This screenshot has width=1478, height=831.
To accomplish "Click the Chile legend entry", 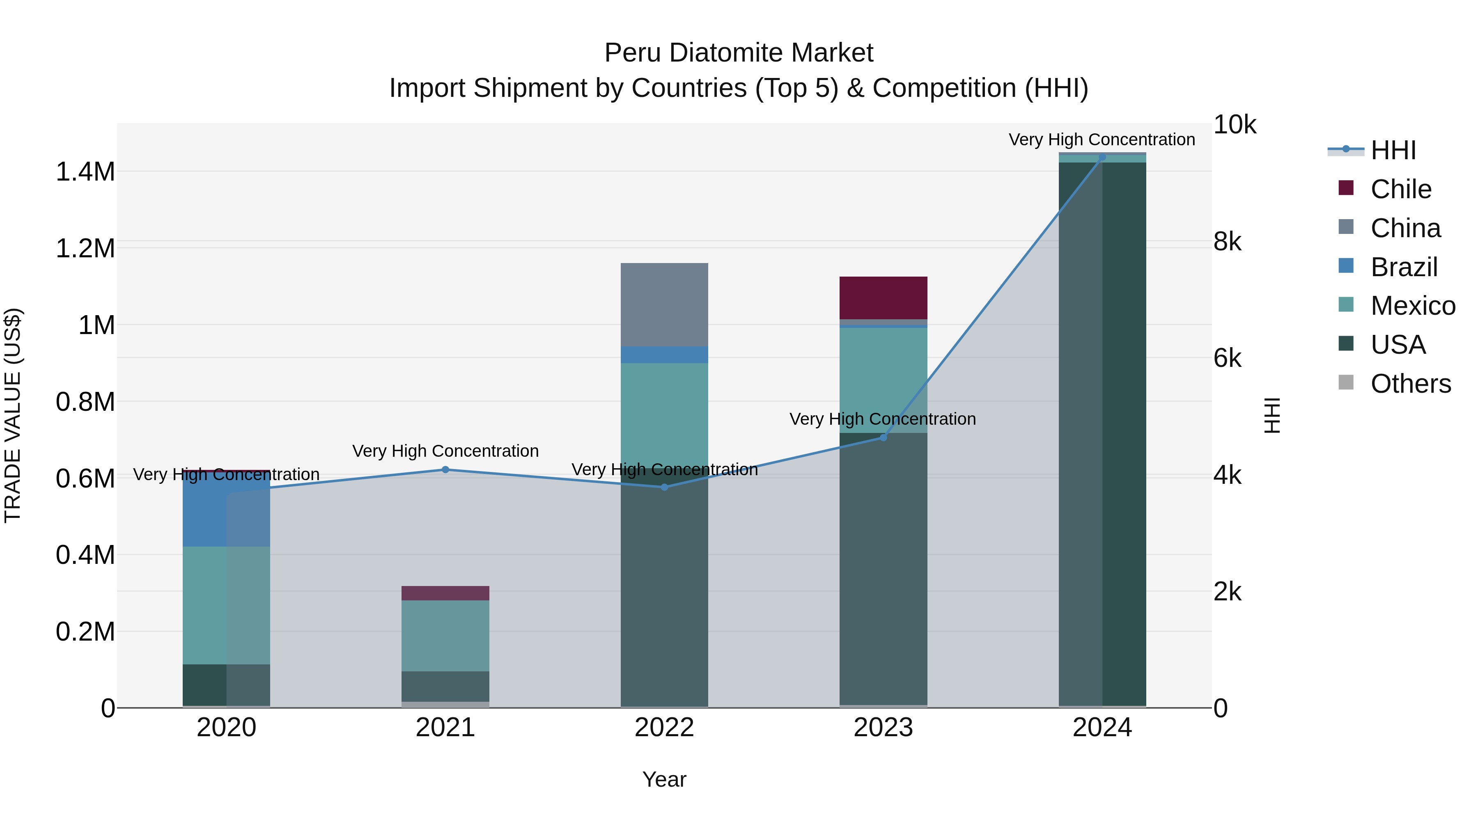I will click(1400, 189).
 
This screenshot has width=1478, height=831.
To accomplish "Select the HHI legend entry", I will click(1393, 150).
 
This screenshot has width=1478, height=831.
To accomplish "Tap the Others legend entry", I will click(1410, 384).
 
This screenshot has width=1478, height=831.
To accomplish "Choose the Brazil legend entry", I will click(1403, 267).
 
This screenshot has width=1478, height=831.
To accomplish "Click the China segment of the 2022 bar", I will click(664, 304).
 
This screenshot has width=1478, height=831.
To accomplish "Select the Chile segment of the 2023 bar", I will click(883, 298).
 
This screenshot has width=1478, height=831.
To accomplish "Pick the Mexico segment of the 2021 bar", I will click(445, 635).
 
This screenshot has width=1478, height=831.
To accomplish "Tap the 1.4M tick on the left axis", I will click(85, 172).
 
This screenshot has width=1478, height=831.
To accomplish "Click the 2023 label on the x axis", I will click(883, 728).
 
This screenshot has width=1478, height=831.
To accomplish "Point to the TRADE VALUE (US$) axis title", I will click(13, 415).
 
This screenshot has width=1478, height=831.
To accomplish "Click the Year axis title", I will click(664, 779).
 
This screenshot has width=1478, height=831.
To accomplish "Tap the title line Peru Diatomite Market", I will click(739, 53).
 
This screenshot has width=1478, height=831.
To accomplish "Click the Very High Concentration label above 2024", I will click(1102, 140).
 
